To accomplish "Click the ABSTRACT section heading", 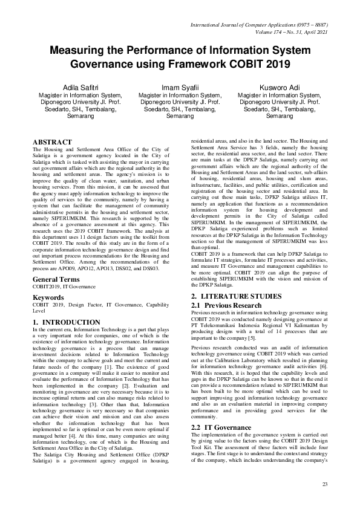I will (52, 142).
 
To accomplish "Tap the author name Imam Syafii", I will (180, 88).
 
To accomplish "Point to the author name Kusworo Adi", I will (279, 88).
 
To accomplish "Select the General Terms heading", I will (56, 280).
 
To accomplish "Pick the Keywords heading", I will (48, 298).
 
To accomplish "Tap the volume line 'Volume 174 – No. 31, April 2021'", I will (283, 34).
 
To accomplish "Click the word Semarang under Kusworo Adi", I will (279, 115).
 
